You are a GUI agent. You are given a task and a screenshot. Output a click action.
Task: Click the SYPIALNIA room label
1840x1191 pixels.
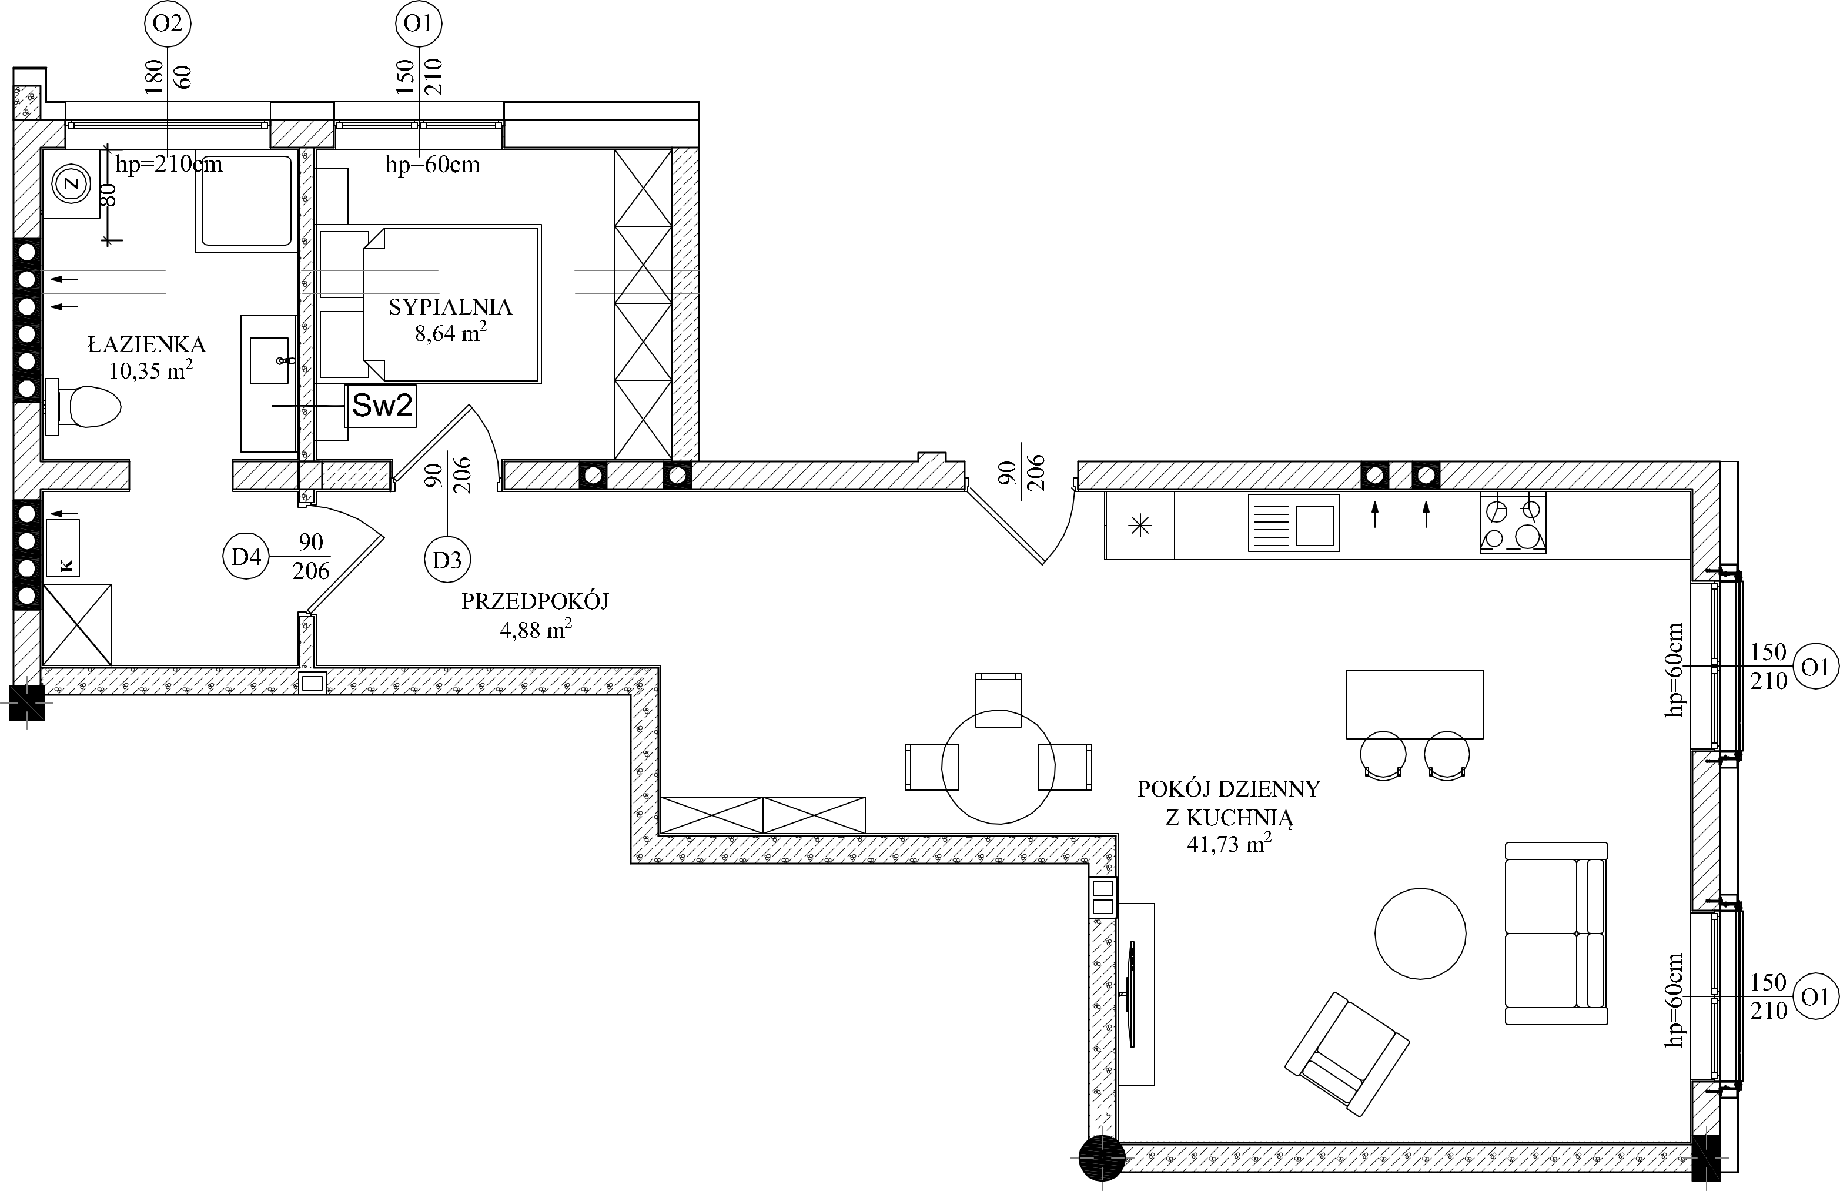click(450, 307)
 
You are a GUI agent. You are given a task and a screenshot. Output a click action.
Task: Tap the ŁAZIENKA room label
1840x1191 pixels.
click(147, 344)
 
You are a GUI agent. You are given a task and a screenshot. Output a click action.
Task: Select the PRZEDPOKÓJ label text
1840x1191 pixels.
click(535, 601)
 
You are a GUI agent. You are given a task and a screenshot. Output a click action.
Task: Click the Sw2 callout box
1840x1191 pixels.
click(381, 406)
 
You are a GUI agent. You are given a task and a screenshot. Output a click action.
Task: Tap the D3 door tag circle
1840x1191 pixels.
click(447, 560)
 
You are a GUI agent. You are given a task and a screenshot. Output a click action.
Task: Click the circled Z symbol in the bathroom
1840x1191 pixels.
click(72, 184)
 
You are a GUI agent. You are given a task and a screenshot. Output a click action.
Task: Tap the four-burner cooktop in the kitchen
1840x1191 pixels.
click(1512, 524)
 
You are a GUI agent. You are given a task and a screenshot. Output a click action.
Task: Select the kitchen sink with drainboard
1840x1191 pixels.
click(1293, 523)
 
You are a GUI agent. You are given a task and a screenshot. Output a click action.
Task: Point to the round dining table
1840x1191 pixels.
click(998, 767)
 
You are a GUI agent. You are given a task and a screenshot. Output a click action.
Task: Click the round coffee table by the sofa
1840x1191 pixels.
click(1420, 933)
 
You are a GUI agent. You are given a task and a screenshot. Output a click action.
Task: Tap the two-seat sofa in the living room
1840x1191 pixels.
click(1555, 934)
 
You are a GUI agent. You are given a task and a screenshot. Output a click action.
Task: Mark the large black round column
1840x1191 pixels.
click(1102, 1157)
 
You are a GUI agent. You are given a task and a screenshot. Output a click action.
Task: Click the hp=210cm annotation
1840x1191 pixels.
click(169, 164)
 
